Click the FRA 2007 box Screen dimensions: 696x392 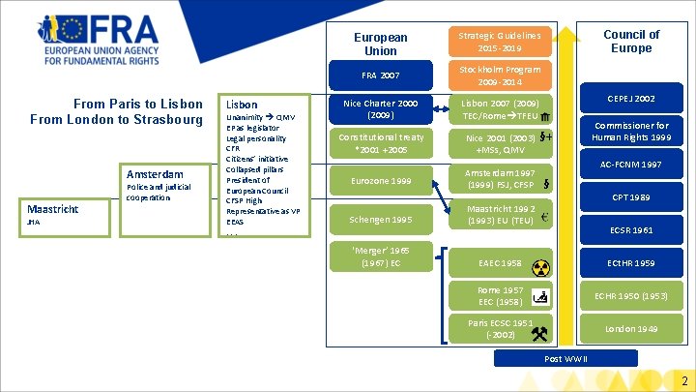[380, 75]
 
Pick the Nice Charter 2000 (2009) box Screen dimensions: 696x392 [380, 109]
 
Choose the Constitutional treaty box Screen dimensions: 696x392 [380, 144]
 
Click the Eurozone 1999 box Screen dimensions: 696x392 [380, 180]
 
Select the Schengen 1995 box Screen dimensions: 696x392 [380, 220]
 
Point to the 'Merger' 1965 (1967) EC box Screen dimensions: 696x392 [380, 256]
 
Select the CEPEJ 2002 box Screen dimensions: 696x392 [631, 98]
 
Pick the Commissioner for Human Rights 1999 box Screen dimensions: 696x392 [631, 132]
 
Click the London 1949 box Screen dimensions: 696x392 [631, 329]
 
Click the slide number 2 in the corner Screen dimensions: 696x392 [683, 380]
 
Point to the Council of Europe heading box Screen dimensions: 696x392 [631, 41]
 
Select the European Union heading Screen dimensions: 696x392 [380, 44]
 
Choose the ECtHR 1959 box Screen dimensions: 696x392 [631, 263]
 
